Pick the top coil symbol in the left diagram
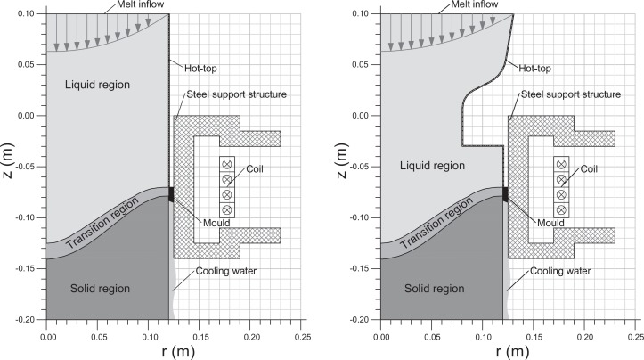pyautogui.click(x=226, y=164)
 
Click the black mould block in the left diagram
pyautogui.click(x=170, y=194)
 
